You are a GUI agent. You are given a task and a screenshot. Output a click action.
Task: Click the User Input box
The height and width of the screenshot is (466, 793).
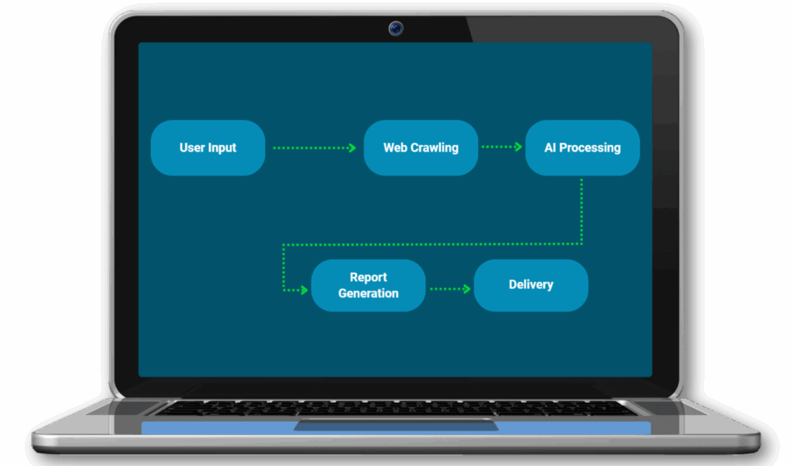pos(208,148)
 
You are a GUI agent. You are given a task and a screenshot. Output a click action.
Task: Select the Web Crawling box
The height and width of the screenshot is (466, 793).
pos(421,148)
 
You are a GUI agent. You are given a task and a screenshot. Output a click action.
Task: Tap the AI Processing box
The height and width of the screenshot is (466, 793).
pos(582,148)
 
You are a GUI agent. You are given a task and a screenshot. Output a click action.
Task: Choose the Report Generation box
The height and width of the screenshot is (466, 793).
pos(368,286)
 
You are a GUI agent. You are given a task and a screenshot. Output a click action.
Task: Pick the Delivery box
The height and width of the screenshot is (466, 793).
pos(530,285)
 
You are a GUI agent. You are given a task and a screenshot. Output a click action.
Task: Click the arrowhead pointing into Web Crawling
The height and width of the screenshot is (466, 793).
pos(352,147)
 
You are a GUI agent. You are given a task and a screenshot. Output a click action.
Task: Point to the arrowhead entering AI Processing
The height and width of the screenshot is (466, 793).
pos(518,146)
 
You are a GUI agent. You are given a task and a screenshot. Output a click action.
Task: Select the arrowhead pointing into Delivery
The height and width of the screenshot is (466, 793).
pos(466,289)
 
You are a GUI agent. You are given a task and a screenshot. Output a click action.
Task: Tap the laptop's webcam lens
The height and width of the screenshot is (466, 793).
pos(396,29)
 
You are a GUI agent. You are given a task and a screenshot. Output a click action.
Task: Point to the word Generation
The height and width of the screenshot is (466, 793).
pos(369,293)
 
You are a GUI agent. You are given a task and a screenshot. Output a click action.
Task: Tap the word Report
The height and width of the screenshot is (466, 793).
pos(369,277)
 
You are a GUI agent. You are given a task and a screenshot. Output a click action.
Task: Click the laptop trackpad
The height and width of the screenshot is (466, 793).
pos(396,426)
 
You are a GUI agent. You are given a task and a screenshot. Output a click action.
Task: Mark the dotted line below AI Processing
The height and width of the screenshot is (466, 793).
pos(582,209)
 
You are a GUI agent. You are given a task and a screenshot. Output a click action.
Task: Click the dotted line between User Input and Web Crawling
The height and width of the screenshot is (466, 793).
pos(310,147)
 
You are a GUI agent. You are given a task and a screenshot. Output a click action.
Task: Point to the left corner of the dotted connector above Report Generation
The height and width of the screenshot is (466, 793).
pos(284,245)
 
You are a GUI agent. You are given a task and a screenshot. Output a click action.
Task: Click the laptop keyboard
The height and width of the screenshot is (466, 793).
pos(396,408)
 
